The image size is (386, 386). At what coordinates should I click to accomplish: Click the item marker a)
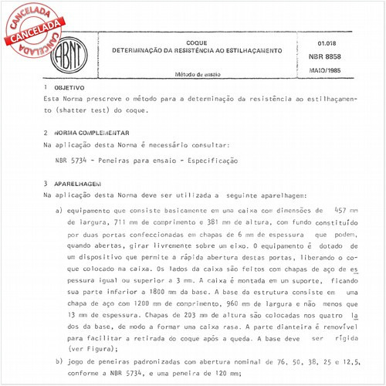click(59, 210)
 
